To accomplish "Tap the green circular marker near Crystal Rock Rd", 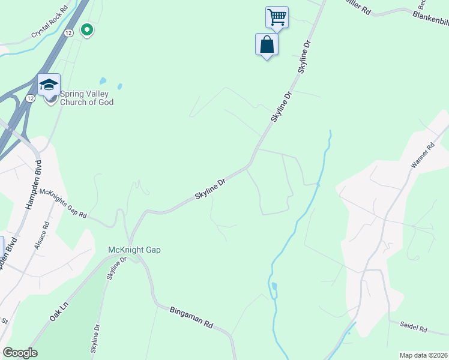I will pyautogui.click(x=87, y=29).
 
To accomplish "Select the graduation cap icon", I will pyautogui.click(x=49, y=85).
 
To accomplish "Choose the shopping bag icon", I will pyautogui.click(x=267, y=44).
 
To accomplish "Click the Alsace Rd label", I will pyautogui.click(x=41, y=237).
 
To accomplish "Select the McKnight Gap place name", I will pyautogui.click(x=134, y=250).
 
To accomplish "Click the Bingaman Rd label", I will pyautogui.click(x=191, y=317).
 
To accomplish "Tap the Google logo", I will pyautogui.click(x=20, y=353).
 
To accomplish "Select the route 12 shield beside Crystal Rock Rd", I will pyautogui.click(x=70, y=33).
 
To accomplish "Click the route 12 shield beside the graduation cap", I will pyautogui.click(x=30, y=98).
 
